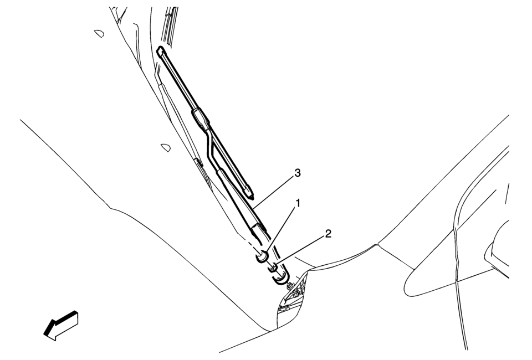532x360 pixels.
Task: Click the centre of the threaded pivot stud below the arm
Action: [x=290, y=286]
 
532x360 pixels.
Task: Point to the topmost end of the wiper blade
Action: [x=160, y=49]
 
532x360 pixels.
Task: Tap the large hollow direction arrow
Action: [x=61, y=325]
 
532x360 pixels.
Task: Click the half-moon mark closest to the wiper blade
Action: [x=166, y=148]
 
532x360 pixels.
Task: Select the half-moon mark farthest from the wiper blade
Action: [x=99, y=34]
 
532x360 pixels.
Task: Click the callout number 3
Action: [x=298, y=173]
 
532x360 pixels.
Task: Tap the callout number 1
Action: [x=298, y=203]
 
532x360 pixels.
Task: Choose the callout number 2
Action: [x=328, y=234]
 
